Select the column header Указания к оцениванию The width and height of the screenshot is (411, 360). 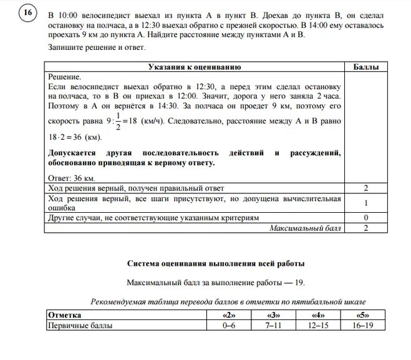[x=194, y=67]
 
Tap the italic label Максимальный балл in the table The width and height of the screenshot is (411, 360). [x=306, y=228]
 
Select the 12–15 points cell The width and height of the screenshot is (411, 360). [x=317, y=326]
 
